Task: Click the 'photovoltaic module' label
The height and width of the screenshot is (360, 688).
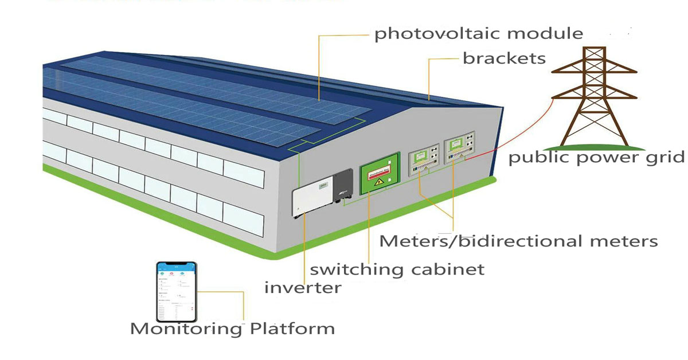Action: pos(478,34)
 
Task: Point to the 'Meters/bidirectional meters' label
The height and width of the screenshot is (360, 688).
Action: pos(518,241)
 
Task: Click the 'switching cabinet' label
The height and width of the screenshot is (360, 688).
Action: pos(397,269)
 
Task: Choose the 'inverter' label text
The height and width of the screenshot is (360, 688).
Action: pos(302,287)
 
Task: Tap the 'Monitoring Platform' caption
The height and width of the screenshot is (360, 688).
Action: pos(232,329)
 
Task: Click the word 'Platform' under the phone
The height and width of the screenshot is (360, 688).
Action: pos(292,329)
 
